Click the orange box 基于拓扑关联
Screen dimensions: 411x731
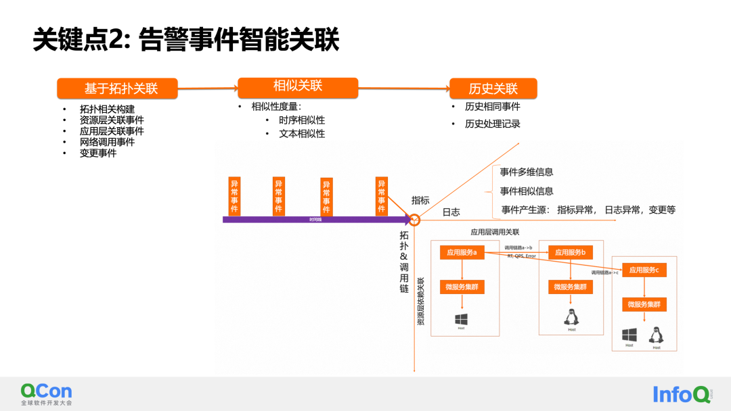tap(117, 89)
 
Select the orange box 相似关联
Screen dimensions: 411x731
tap(298, 87)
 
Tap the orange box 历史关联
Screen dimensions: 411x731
tap(493, 89)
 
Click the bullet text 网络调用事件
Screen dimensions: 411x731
tap(107, 142)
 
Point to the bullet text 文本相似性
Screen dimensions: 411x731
tap(302, 133)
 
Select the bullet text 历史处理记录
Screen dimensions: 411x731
tap(492, 124)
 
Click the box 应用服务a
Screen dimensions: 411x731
tap(462, 252)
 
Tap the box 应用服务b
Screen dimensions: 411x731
tap(570, 252)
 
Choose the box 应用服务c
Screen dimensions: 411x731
tap(644, 270)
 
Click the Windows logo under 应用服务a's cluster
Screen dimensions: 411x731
tap(462, 318)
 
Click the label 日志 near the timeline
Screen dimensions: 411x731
tap(451, 212)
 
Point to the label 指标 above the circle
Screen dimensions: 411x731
tap(420, 200)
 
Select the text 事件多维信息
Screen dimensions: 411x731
tap(527, 172)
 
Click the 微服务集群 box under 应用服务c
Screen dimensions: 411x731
tap(644, 304)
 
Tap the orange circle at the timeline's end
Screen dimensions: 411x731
tap(415, 220)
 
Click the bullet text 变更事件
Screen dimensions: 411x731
tap(98, 153)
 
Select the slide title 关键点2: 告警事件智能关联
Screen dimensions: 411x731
tap(186, 41)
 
